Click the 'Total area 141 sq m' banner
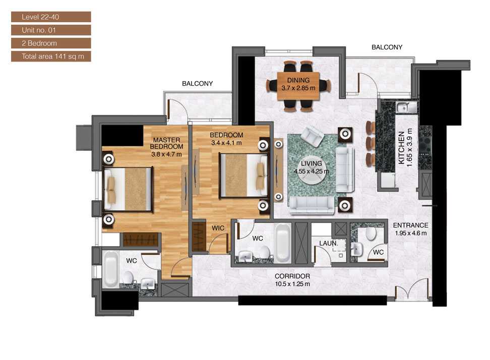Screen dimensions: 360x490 click(x=51, y=56)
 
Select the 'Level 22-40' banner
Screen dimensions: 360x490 click(x=51, y=17)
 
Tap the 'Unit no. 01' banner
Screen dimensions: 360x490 click(x=51, y=30)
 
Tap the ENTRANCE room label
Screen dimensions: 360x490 click(x=410, y=225)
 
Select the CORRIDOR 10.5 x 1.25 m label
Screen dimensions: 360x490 click(x=292, y=280)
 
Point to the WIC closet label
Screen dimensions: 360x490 click(x=218, y=228)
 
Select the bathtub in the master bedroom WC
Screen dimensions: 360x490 click(x=110, y=269)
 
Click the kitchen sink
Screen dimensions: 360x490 click(x=405, y=107)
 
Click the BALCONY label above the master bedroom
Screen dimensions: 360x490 click(x=197, y=84)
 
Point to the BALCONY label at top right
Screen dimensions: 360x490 click(x=387, y=47)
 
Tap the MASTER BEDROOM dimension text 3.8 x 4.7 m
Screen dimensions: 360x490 click(x=166, y=154)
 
